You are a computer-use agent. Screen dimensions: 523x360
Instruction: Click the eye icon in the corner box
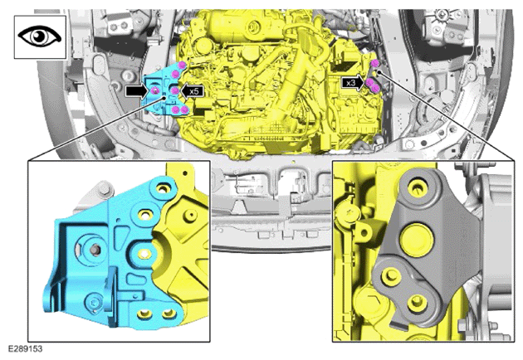[40, 36]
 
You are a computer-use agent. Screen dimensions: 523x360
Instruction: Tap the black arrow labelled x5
[193, 91]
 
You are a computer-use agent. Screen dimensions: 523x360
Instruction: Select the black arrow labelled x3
[353, 83]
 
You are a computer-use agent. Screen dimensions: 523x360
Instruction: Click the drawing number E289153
[26, 349]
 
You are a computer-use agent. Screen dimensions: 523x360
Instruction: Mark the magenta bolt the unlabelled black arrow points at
[154, 90]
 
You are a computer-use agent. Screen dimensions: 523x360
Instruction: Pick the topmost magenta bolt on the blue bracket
[182, 65]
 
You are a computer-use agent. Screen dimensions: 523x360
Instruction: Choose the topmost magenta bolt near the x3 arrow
[375, 63]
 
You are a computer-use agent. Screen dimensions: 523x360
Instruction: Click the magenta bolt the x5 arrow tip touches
[175, 90]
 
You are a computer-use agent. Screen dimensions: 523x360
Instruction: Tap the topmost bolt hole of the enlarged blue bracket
[163, 188]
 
